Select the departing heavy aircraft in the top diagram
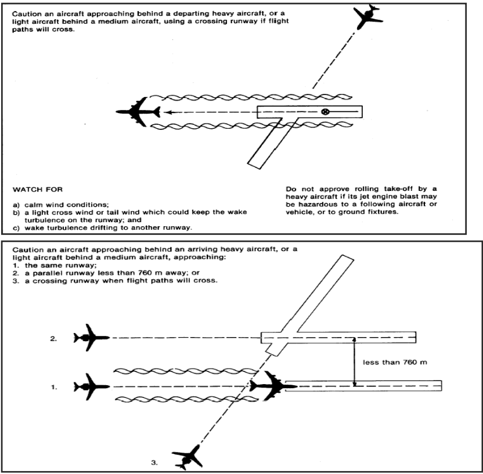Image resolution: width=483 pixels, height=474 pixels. coord(138,111)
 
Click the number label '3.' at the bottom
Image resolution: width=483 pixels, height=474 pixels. coord(153,464)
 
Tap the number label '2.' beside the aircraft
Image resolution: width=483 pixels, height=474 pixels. coord(54,337)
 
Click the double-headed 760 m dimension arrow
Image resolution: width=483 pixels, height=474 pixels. coord(354,361)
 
